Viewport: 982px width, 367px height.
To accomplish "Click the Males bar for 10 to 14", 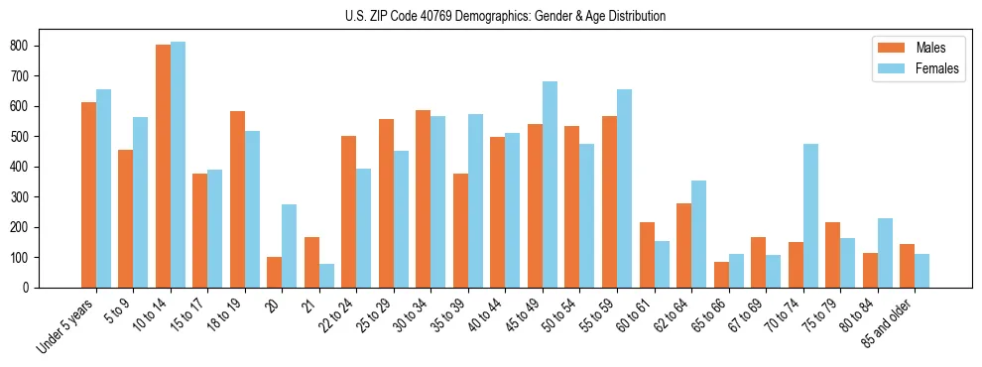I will point(163,166).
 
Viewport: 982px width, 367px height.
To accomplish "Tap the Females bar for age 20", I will point(290,246).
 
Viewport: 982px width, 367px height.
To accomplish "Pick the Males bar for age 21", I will point(311,262).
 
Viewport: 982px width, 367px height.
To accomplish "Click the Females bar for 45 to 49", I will point(550,184).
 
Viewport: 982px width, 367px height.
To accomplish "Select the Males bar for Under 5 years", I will point(88,194).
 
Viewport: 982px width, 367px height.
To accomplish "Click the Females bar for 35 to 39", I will point(475,200).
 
